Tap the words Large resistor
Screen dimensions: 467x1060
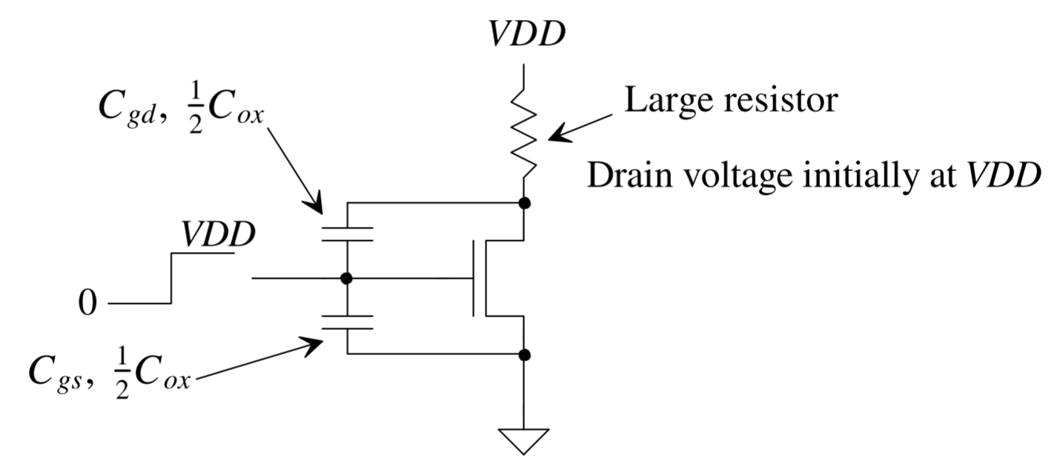(731, 99)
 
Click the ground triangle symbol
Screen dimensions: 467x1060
(524, 440)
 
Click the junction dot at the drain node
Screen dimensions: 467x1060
(524, 202)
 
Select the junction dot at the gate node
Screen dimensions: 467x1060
(346, 279)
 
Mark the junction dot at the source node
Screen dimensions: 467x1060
(524, 354)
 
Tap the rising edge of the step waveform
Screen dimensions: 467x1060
(172, 279)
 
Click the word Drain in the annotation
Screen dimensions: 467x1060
(630, 178)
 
